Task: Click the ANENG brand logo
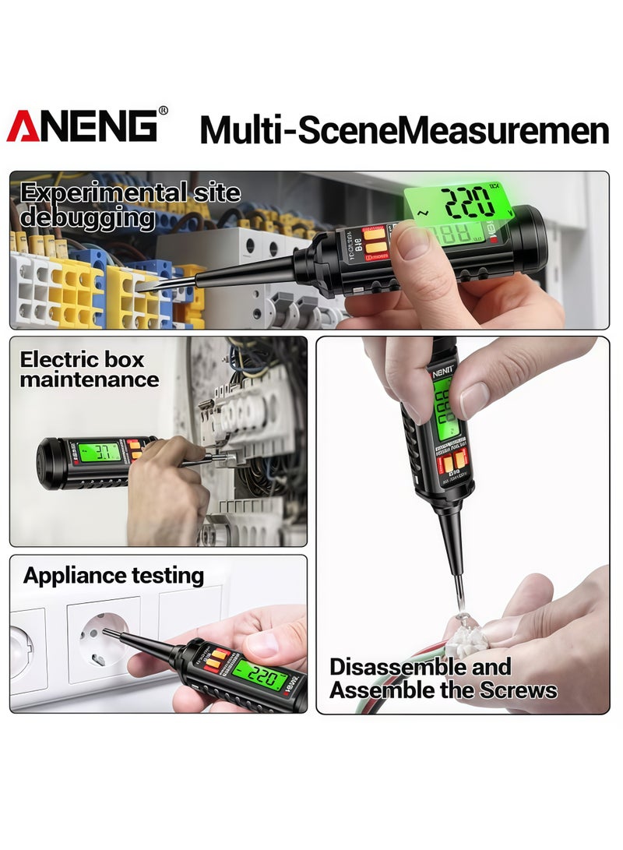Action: (x=83, y=126)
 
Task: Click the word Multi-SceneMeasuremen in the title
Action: (x=403, y=129)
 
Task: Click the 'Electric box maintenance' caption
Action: (x=90, y=369)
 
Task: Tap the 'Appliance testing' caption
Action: (x=114, y=576)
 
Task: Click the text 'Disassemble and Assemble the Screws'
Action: (x=442, y=678)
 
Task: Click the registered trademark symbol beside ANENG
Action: (x=163, y=111)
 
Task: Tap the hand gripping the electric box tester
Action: (x=167, y=490)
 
